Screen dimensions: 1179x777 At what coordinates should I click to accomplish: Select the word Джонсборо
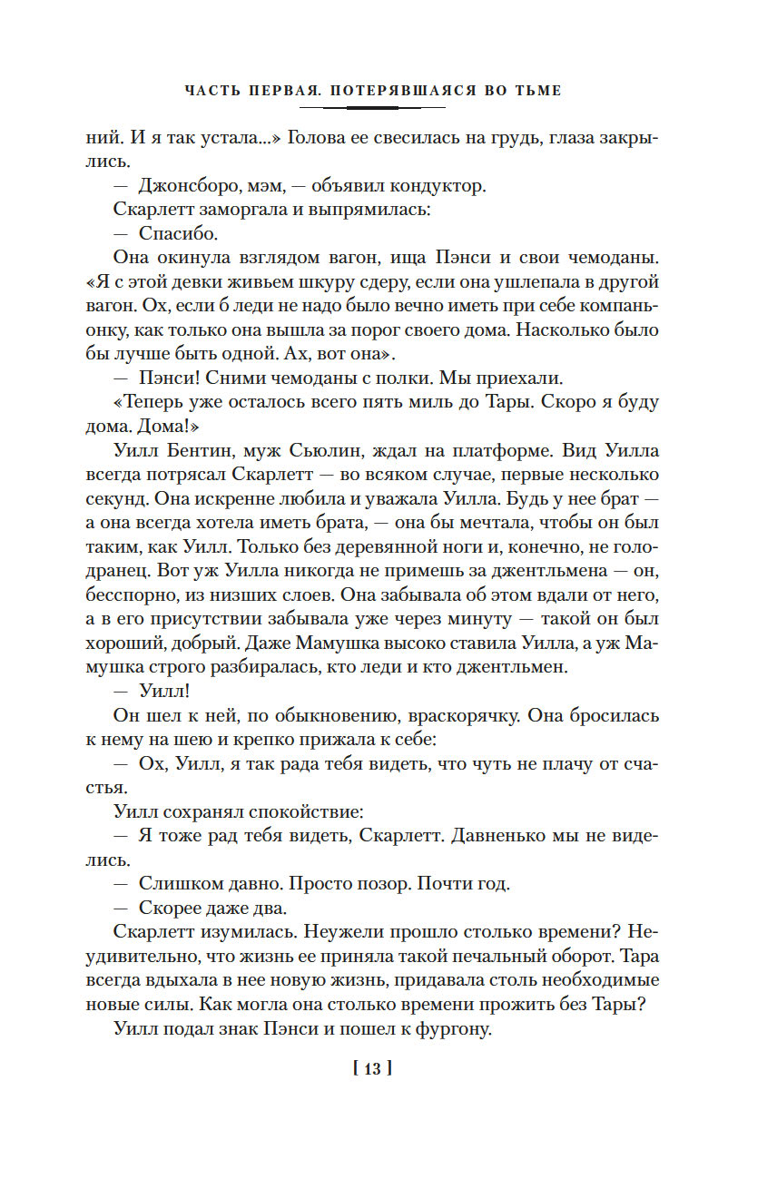click(187, 186)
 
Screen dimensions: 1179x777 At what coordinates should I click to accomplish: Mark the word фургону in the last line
click(450, 1028)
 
